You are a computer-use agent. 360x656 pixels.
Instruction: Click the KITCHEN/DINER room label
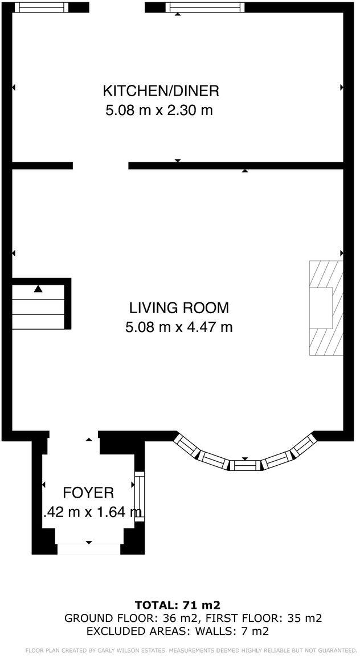[x=161, y=91]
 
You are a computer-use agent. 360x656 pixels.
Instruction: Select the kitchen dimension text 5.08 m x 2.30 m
[x=159, y=110]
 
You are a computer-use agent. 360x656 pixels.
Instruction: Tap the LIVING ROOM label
[x=179, y=308]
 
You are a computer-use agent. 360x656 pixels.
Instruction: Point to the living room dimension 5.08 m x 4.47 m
[x=179, y=327]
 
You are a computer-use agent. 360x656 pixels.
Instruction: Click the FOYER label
[x=88, y=493]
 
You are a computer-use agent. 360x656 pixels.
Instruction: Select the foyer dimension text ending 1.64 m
[x=92, y=512]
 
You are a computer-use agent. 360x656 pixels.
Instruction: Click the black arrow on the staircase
[x=38, y=289]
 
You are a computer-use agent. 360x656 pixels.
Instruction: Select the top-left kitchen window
[x=41, y=7]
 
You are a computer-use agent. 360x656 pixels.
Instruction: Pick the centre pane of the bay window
[x=245, y=465]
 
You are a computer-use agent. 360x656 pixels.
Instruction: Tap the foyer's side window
[x=139, y=495]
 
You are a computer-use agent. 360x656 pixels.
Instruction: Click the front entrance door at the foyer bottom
[x=88, y=549]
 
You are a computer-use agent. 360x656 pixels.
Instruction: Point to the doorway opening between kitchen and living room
[x=100, y=166]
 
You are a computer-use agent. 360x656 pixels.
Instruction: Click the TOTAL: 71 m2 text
[x=177, y=605]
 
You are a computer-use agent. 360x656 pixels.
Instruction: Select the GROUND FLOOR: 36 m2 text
[x=132, y=618]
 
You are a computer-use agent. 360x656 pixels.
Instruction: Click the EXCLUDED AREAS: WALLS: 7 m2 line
[x=177, y=632]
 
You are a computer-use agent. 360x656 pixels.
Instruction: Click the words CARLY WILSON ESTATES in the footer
[x=136, y=650]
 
